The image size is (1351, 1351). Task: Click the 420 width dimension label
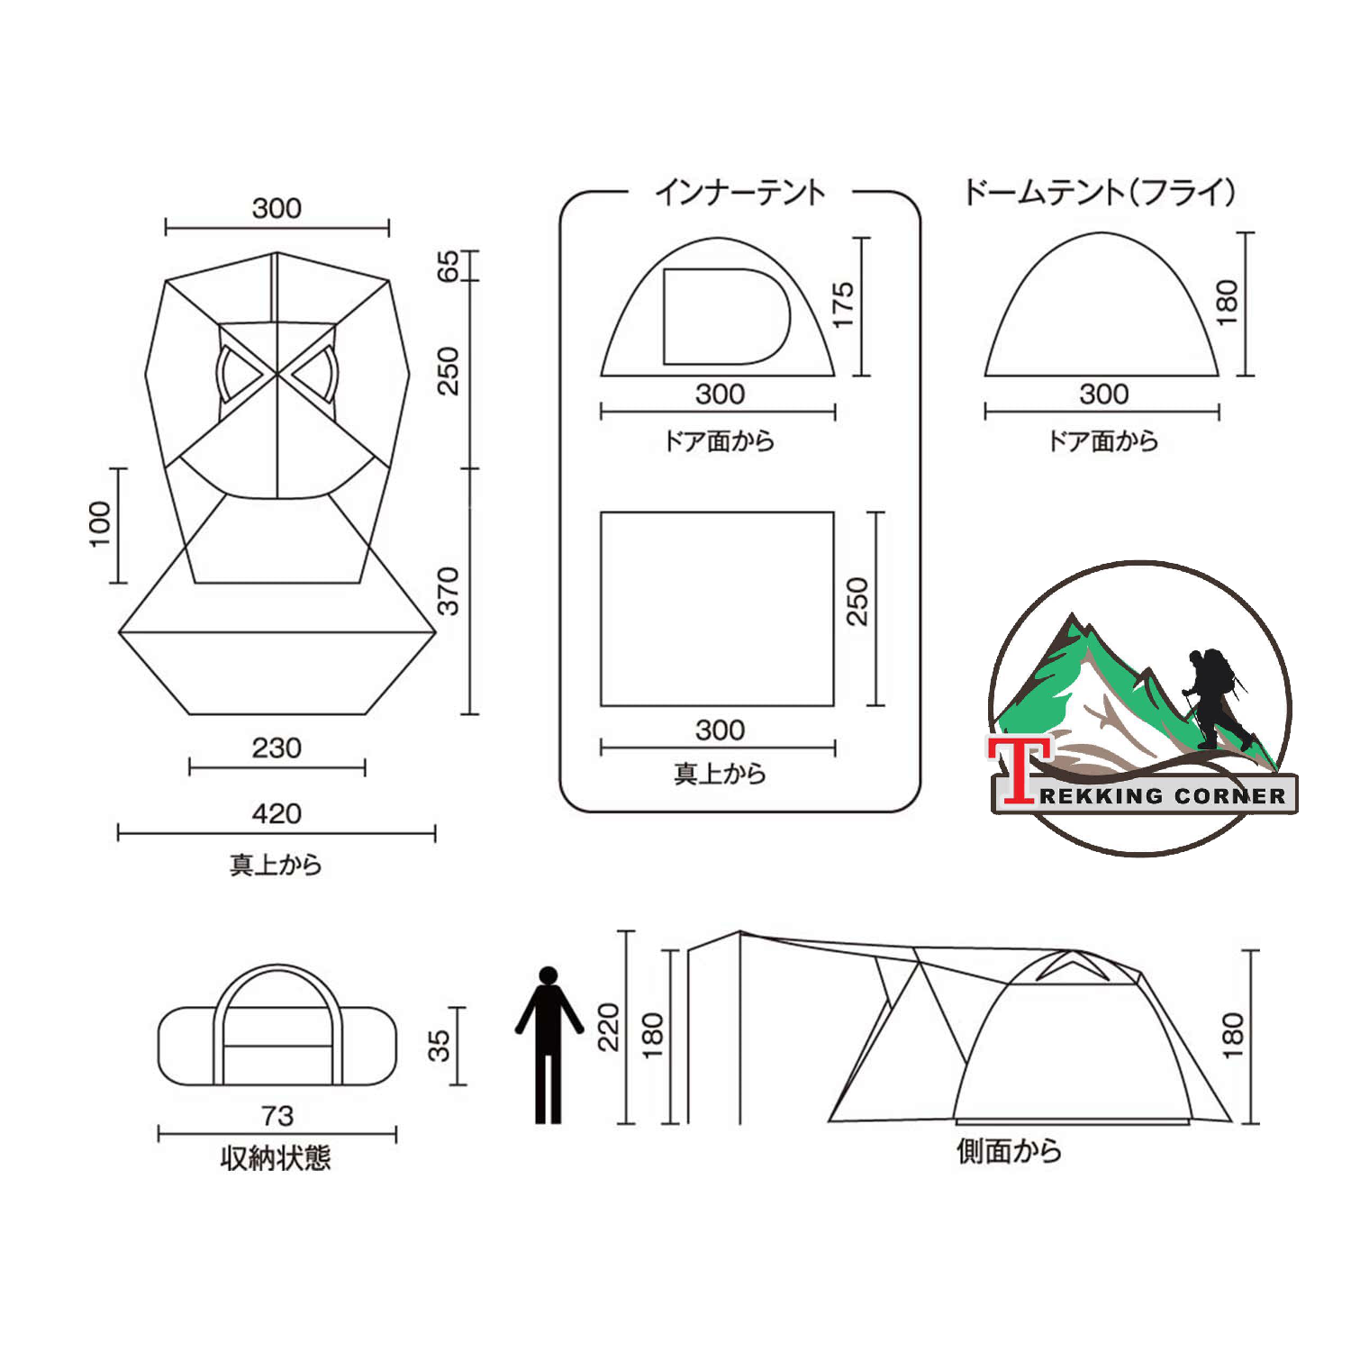[x=277, y=813]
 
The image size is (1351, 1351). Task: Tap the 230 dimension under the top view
[x=277, y=748]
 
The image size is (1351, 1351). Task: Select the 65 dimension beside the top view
[x=448, y=266]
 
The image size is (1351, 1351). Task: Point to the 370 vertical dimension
[x=448, y=591]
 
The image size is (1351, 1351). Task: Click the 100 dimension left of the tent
[x=99, y=524]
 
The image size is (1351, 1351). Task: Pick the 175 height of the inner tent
[x=842, y=304]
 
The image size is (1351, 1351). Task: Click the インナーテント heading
[x=739, y=192]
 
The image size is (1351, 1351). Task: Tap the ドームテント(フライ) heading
[x=1100, y=192]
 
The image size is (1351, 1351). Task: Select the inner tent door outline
[x=725, y=316]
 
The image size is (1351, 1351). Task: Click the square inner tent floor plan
[x=717, y=609]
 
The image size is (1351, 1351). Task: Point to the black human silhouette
[x=549, y=1045]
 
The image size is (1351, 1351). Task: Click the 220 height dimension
[x=610, y=1027]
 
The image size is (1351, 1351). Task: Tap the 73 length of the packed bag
[x=277, y=1116]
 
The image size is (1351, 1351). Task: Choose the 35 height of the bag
[x=438, y=1046]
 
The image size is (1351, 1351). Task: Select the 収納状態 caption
[x=276, y=1157]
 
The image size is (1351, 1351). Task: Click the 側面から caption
[x=1009, y=1150]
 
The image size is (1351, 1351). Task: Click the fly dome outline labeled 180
[x=1101, y=306]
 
